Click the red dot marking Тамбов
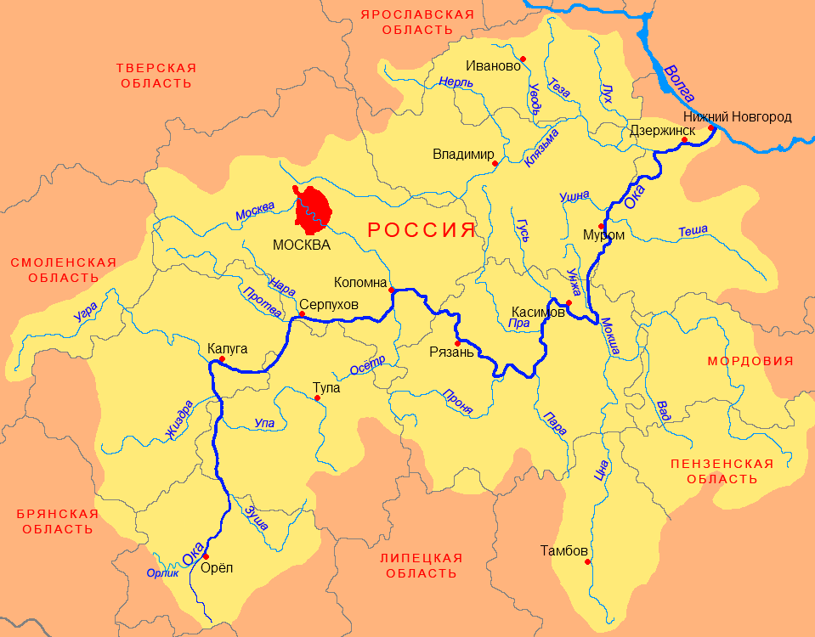click(x=586, y=561)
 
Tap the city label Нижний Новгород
click(x=737, y=116)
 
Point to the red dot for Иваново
click(x=524, y=59)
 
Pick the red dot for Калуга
click(x=221, y=359)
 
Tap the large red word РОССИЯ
click(x=421, y=229)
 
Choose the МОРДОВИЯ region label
click(x=750, y=361)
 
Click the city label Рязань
click(x=450, y=352)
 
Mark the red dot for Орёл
click(x=206, y=556)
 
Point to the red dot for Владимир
click(x=495, y=163)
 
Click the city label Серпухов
click(x=329, y=304)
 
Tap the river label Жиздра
click(x=179, y=420)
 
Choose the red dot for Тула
click(x=317, y=397)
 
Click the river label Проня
click(x=458, y=401)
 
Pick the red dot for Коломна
click(x=391, y=290)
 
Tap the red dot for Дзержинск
click(x=684, y=140)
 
